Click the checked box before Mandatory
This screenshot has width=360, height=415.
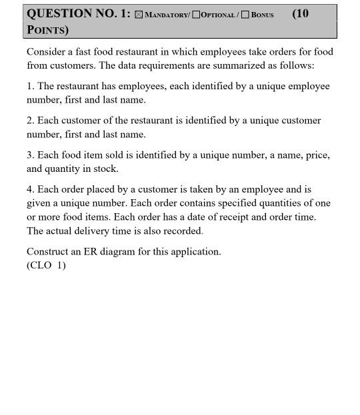click(139, 15)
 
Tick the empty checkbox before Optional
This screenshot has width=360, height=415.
click(196, 15)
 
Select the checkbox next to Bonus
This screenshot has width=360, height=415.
click(245, 15)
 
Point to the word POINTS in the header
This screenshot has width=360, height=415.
click(46, 30)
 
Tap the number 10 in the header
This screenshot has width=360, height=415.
click(301, 13)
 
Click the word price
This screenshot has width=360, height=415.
click(317, 155)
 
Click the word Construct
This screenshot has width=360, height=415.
click(48, 252)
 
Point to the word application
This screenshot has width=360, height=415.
click(197, 252)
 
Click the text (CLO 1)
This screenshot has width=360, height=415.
click(46, 265)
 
